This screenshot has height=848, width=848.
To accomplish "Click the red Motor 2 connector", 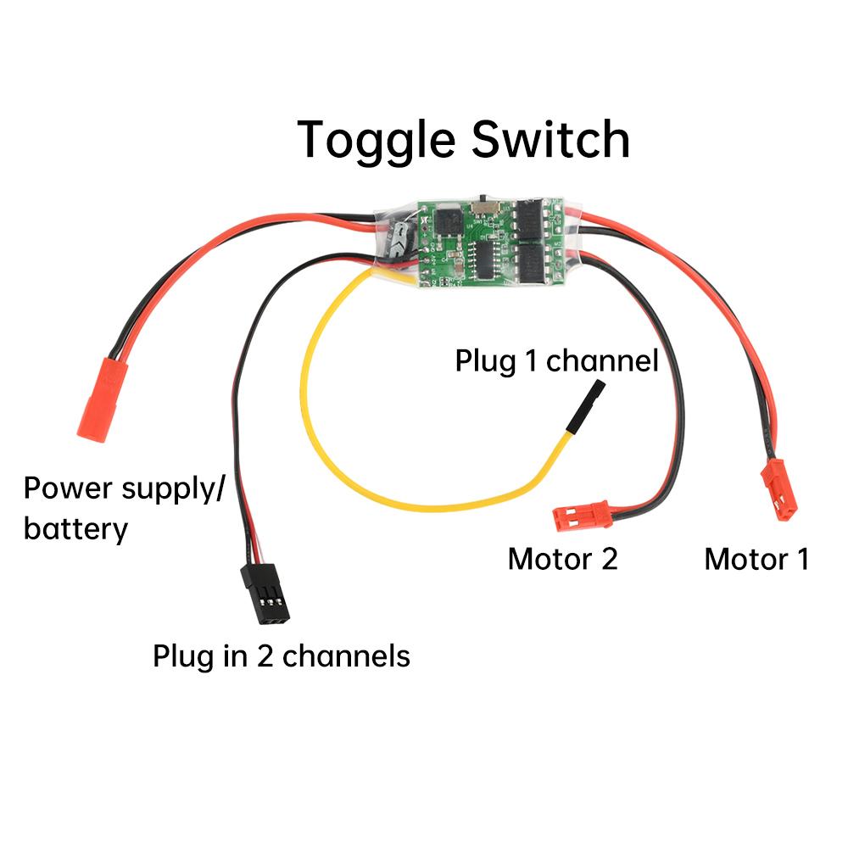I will [x=581, y=514].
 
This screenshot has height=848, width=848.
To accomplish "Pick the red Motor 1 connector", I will [x=778, y=489].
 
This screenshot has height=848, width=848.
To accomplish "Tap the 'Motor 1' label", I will [x=756, y=560].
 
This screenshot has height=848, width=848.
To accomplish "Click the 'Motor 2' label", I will [x=562, y=560].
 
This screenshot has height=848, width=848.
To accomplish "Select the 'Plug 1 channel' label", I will [x=556, y=360].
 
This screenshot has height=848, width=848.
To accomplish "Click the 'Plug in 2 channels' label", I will [x=281, y=656].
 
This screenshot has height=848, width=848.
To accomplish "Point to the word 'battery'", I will [x=75, y=530].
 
